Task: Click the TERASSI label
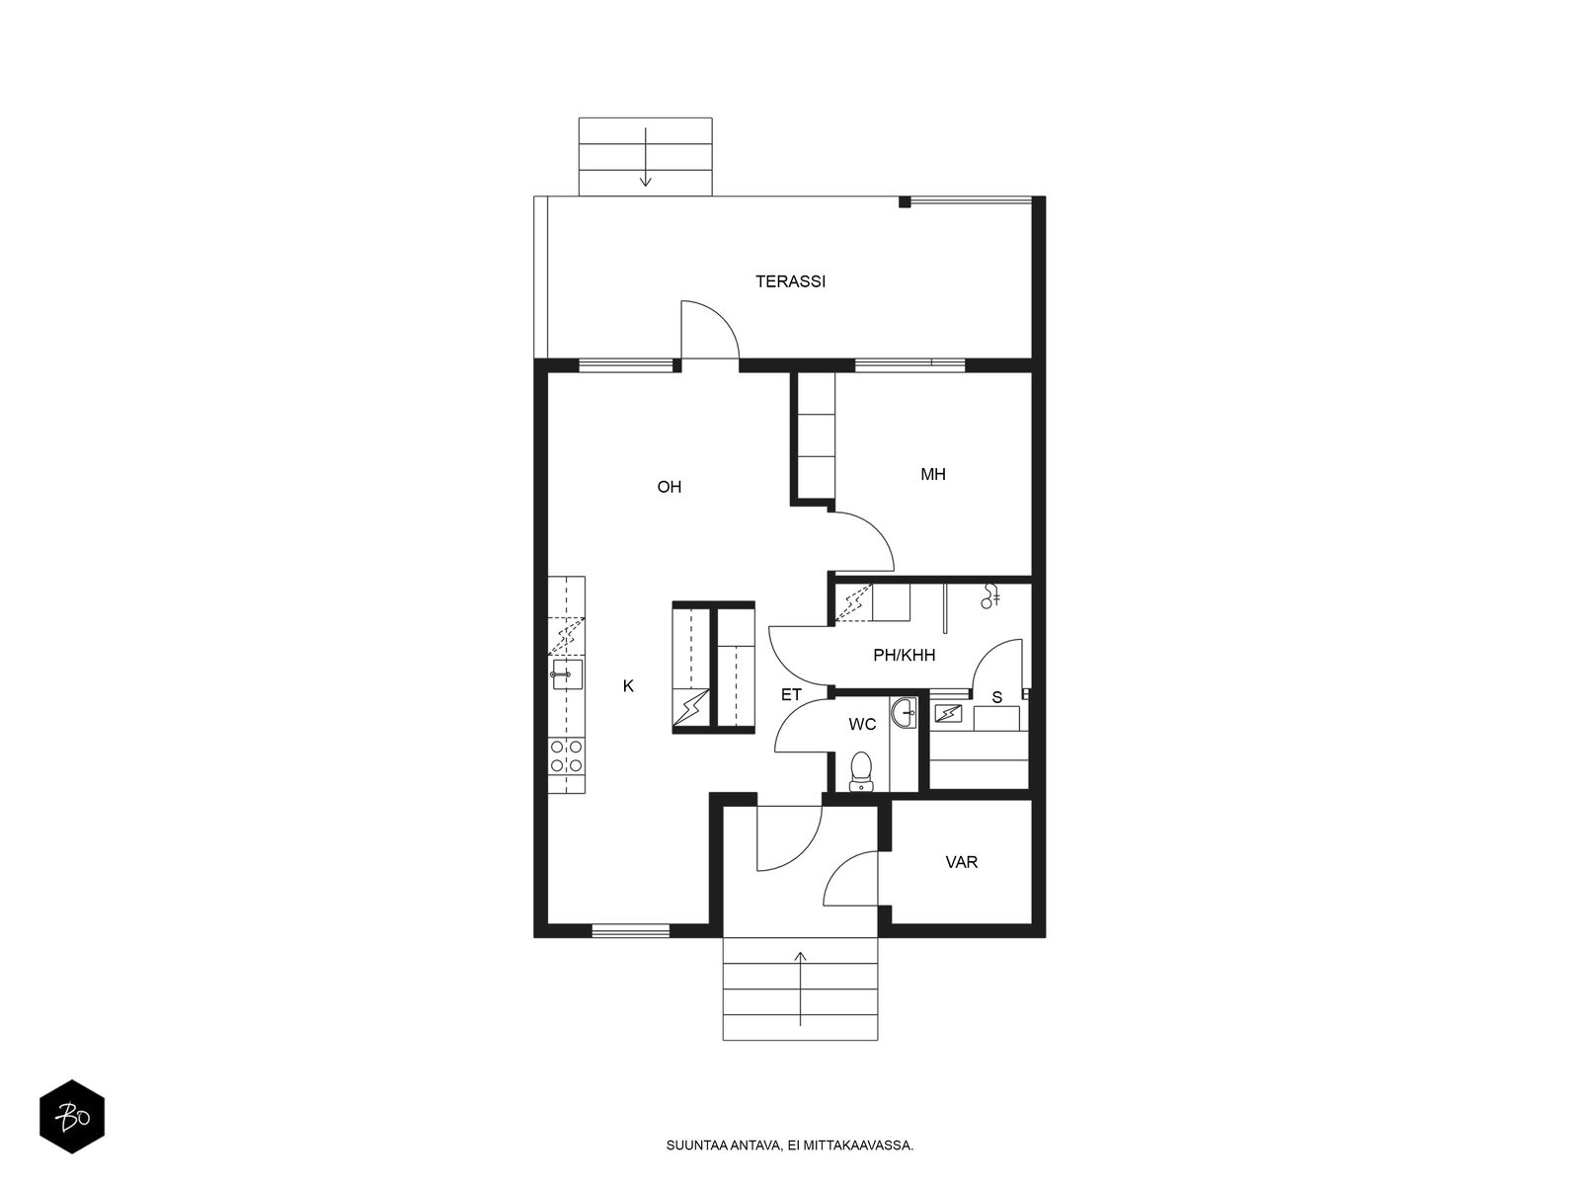(790, 281)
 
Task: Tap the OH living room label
(669, 487)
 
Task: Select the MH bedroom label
(933, 474)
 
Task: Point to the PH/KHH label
(905, 655)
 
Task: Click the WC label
(862, 724)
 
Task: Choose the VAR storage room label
(962, 862)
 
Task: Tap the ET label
(791, 695)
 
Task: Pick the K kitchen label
(628, 686)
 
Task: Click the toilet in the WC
(860, 772)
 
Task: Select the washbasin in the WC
(904, 713)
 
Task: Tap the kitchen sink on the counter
(567, 674)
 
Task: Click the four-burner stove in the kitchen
(567, 756)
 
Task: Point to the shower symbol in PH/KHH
(990, 596)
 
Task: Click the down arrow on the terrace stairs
(646, 157)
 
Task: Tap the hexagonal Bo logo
(72, 1117)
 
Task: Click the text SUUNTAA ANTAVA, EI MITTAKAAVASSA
(790, 1145)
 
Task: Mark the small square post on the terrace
(905, 202)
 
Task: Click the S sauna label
(997, 697)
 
